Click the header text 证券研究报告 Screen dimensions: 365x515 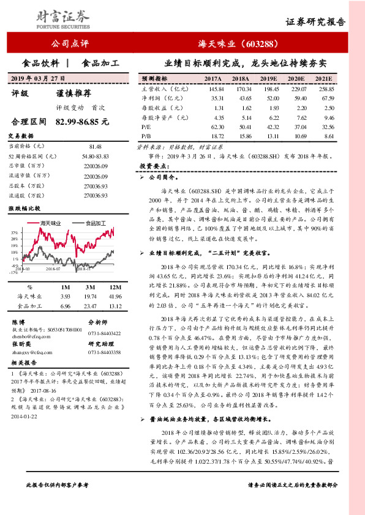pos(315,22)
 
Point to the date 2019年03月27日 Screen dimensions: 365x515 pos(38,79)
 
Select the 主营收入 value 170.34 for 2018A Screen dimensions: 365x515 pos(240,89)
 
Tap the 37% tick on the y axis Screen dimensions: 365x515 pos(13,233)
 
